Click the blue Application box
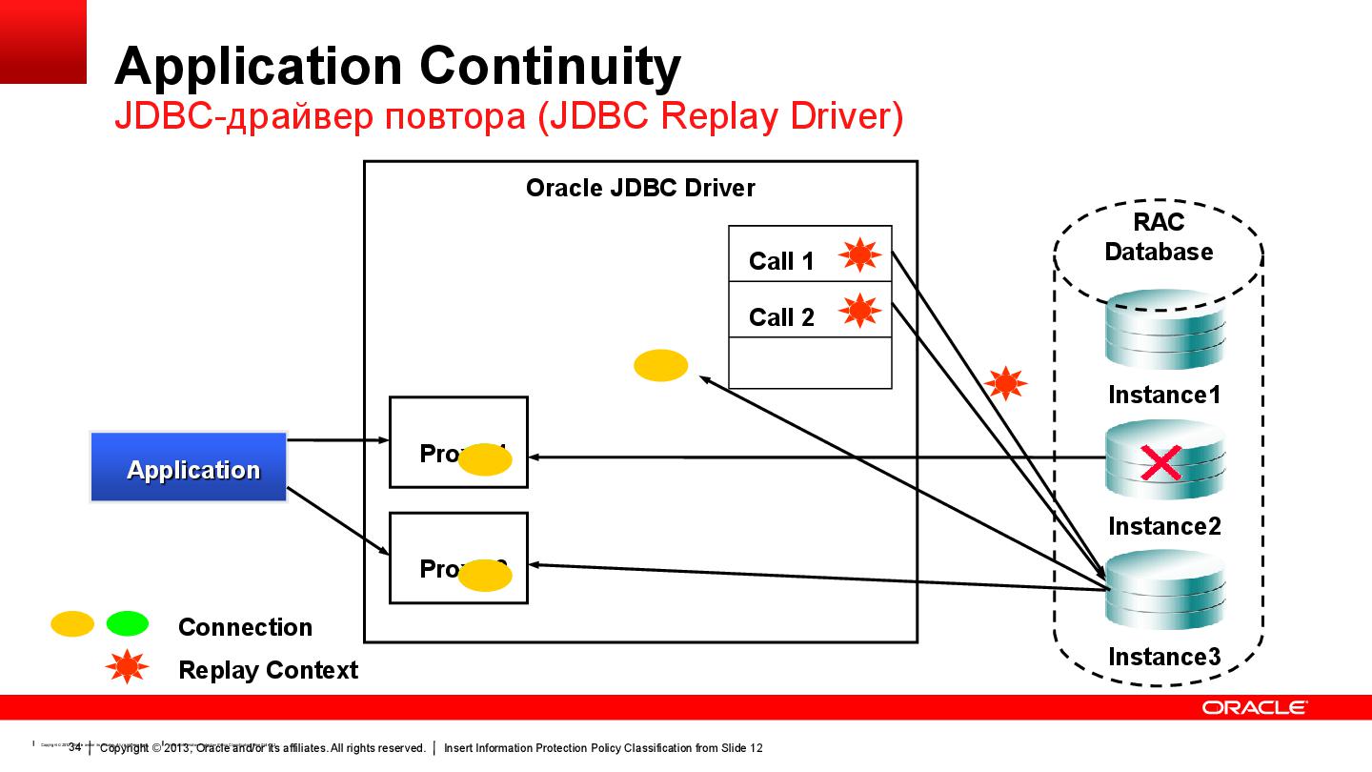189,467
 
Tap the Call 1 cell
781,260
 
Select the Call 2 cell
781,316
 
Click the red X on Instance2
1160,464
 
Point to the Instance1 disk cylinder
1164,332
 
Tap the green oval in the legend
127,624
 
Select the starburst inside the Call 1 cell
858,254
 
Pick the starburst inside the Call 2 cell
858,311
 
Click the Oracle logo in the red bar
1254,708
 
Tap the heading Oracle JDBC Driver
640,188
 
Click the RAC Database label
1159,237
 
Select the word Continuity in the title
550,66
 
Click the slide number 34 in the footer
74,748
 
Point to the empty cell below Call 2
810,363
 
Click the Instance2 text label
1164,526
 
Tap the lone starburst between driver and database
1004,384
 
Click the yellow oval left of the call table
660,365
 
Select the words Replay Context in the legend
268,670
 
